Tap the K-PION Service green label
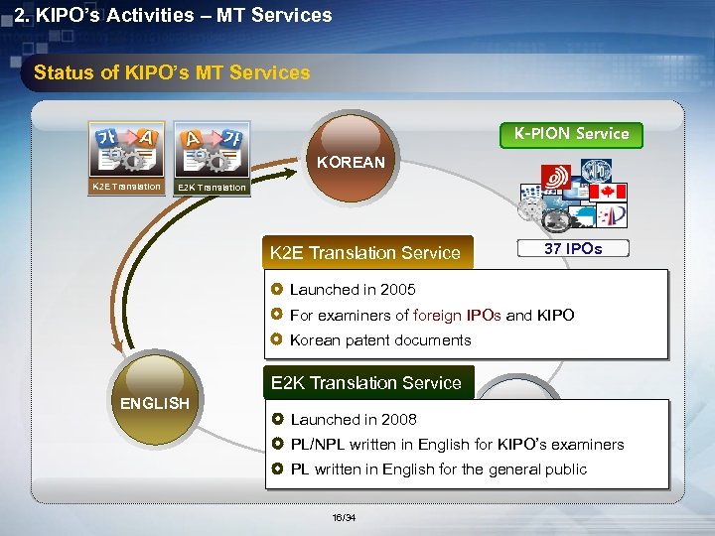click(x=571, y=133)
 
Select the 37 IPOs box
click(x=572, y=248)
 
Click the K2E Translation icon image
click(x=125, y=149)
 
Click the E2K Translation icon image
click(x=212, y=149)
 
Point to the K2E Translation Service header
click(x=365, y=252)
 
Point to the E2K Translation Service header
click(x=366, y=383)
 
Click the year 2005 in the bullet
click(x=397, y=290)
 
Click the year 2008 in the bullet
click(x=398, y=420)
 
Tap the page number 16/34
click(x=343, y=517)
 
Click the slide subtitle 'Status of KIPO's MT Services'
click(x=172, y=72)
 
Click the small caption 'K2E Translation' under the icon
click(x=125, y=186)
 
